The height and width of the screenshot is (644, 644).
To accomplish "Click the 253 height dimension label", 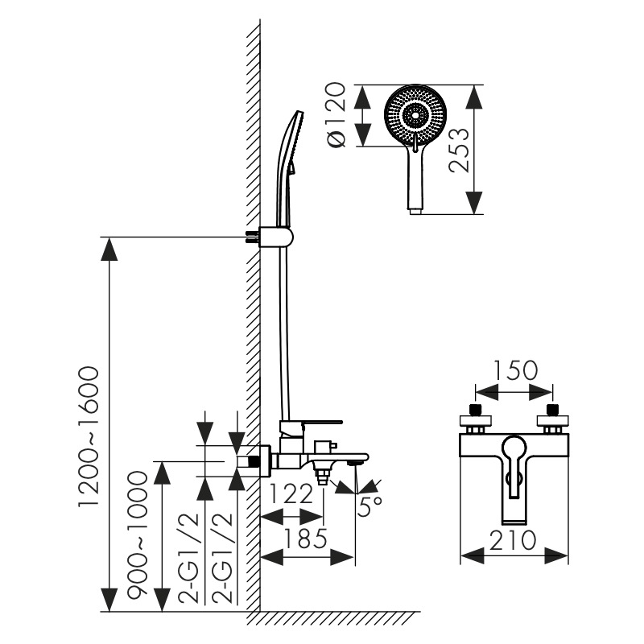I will pyautogui.click(x=459, y=150).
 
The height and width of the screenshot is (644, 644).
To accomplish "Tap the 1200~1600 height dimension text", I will pyautogui.click(x=88, y=436).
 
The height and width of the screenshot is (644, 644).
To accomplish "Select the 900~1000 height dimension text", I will pyautogui.click(x=138, y=534).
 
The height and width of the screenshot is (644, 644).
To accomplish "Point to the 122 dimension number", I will pyautogui.click(x=291, y=493).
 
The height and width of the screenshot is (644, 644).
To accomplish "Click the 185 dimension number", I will pyautogui.click(x=307, y=537).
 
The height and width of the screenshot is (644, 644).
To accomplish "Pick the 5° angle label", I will pyautogui.click(x=370, y=506).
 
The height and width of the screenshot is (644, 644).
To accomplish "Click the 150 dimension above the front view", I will pyautogui.click(x=514, y=371).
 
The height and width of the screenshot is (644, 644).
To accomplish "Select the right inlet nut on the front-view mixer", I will pyautogui.click(x=552, y=419).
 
